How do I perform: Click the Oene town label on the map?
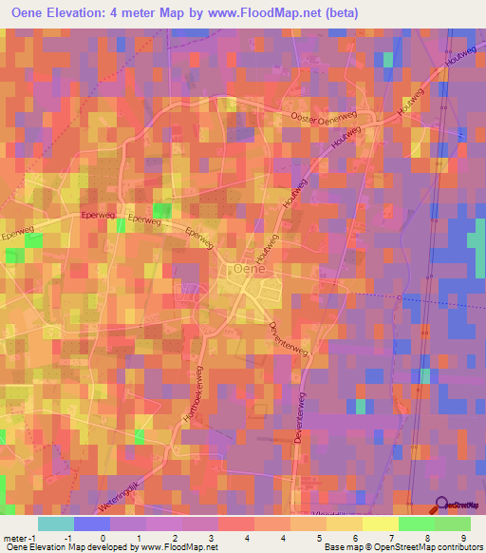point(250,271)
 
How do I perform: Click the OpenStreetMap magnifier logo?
point(441,505)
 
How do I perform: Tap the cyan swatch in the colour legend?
point(56,524)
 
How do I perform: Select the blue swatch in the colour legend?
point(92,524)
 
